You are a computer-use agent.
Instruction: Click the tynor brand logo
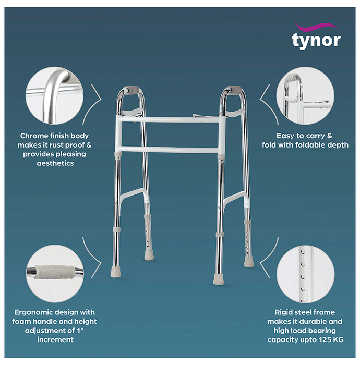(316, 35)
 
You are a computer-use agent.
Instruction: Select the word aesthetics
(55, 163)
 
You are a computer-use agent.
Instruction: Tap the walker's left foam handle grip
(131, 90)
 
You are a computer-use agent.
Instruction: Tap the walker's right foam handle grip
(235, 90)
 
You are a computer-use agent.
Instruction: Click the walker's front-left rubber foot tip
(116, 272)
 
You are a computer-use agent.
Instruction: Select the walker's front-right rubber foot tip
(219, 279)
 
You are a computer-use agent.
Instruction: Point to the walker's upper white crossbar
(170, 119)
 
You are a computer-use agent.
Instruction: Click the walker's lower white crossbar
(170, 150)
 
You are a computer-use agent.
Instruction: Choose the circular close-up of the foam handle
(55, 273)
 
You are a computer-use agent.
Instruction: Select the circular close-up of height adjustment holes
(305, 274)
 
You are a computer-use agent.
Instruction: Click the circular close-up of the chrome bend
(54, 95)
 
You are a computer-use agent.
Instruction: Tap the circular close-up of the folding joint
(305, 95)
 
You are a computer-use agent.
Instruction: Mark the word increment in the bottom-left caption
(55, 340)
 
